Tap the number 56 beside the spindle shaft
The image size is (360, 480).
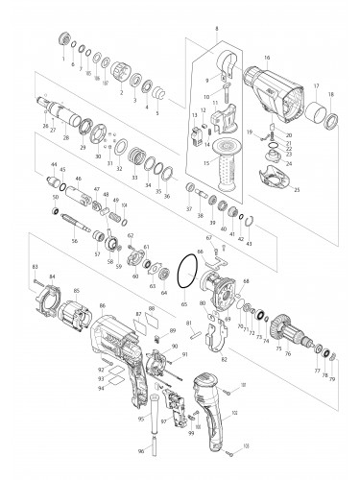point(73,242)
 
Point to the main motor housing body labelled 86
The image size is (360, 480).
point(120,346)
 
